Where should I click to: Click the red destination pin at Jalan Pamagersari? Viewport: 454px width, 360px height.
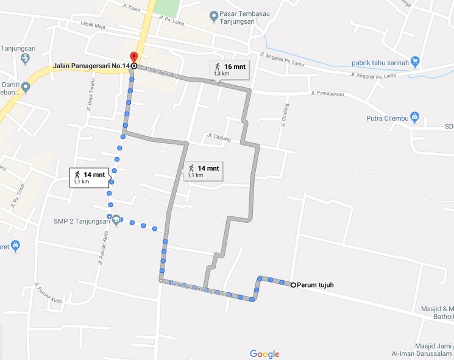[x=134, y=58]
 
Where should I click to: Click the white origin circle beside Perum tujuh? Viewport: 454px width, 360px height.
[x=293, y=285]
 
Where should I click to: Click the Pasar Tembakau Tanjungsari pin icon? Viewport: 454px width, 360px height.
[x=213, y=15]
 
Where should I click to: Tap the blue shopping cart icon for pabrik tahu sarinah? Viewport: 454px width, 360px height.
[x=415, y=60]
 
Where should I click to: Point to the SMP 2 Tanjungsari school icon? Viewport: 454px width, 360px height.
[x=116, y=220]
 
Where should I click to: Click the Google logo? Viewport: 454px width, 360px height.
[x=264, y=354]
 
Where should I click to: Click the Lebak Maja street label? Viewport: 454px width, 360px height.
[x=93, y=24]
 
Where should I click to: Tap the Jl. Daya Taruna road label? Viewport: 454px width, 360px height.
[x=89, y=98]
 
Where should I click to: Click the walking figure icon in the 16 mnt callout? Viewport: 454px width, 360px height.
[x=216, y=66]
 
